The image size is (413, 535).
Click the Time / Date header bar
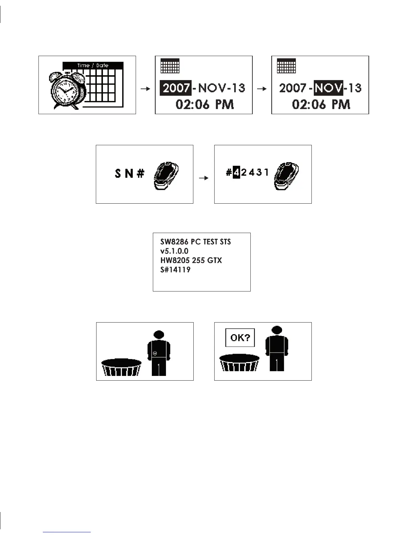pyautogui.click(x=93, y=65)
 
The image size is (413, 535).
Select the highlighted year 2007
pyautogui.click(x=176, y=88)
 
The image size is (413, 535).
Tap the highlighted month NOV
pyautogui.click(x=328, y=88)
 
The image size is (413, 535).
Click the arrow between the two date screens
pyautogui.click(x=261, y=89)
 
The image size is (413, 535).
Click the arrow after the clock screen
pyautogui.click(x=145, y=89)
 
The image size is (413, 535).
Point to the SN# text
pyautogui.click(x=130, y=174)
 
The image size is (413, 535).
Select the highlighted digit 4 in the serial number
pyautogui.click(x=236, y=173)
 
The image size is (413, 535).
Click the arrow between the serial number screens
pyautogui.click(x=203, y=178)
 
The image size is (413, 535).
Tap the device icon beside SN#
pyautogui.click(x=166, y=176)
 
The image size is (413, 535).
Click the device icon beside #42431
pyautogui.click(x=286, y=176)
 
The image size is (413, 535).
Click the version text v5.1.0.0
pyautogui.click(x=174, y=251)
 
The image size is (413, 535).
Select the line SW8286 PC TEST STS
pyautogui.click(x=195, y=242)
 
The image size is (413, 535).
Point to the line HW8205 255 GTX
pyautogui.click(x=191, y=260)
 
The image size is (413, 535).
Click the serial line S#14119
pyautogui.click(x=175, y=270)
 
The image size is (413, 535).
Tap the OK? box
pyautogui.click(x=240, y=338)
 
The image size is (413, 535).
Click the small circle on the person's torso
pyautogui.click(x=155, y=353)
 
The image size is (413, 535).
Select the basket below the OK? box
pyautogui.click(x=239, y=363)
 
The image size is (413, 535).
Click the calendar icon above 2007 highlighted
pyautogui.click(x=170, y=66)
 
